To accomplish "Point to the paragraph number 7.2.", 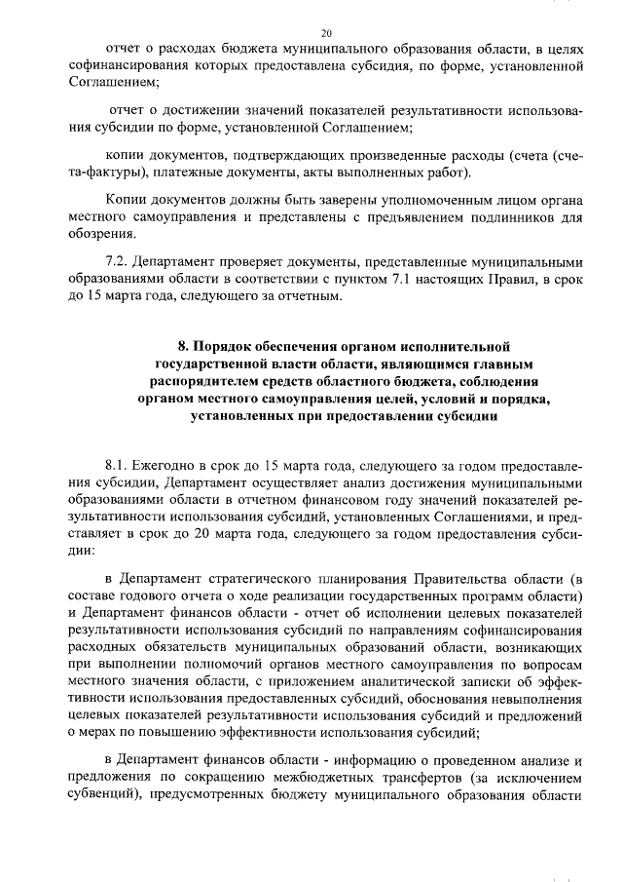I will pyautogui.click(x=118, y=261).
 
